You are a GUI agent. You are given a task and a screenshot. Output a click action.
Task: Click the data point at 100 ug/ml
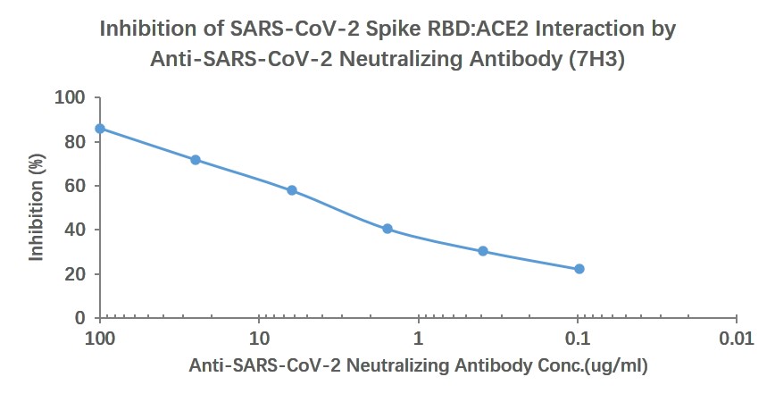[x=100, y=129]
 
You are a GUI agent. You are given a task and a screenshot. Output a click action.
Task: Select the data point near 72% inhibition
[x=196, y=160]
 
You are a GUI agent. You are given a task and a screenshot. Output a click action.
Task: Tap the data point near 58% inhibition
[x=292, y=190]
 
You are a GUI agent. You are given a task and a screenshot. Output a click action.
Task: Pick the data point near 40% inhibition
[x=387, y=229]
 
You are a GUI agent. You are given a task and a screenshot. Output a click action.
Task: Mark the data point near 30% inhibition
[x=483, y=251]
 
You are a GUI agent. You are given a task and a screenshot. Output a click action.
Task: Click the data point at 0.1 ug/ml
[x=579, y=269]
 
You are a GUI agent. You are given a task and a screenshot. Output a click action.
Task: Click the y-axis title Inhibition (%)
[x=37, y=207]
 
